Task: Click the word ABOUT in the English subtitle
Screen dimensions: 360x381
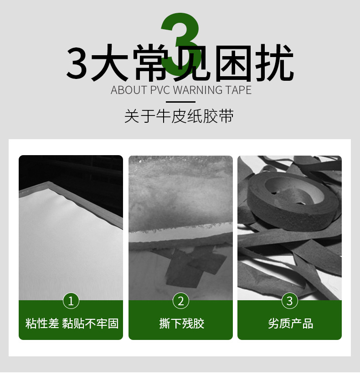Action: (129, 90)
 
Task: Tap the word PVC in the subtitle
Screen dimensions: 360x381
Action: (160, 90)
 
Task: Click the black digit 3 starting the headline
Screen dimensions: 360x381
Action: (77, 63)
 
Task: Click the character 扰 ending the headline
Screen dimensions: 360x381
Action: (274, 63)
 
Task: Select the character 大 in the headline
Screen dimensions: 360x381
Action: (109, 63)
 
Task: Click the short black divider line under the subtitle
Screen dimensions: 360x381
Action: (180, 102)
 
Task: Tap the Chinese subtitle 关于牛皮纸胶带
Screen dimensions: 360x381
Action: (179, 116)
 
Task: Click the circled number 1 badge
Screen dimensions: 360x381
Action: (71, 301)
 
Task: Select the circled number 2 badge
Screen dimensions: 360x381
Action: (180, 301)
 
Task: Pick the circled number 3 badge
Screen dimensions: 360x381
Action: (290, 301)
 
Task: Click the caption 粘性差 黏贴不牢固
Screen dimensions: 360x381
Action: (72, 324)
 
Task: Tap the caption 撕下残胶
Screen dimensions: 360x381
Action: (181, 324)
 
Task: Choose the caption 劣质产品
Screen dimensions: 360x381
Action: (291, 324)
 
